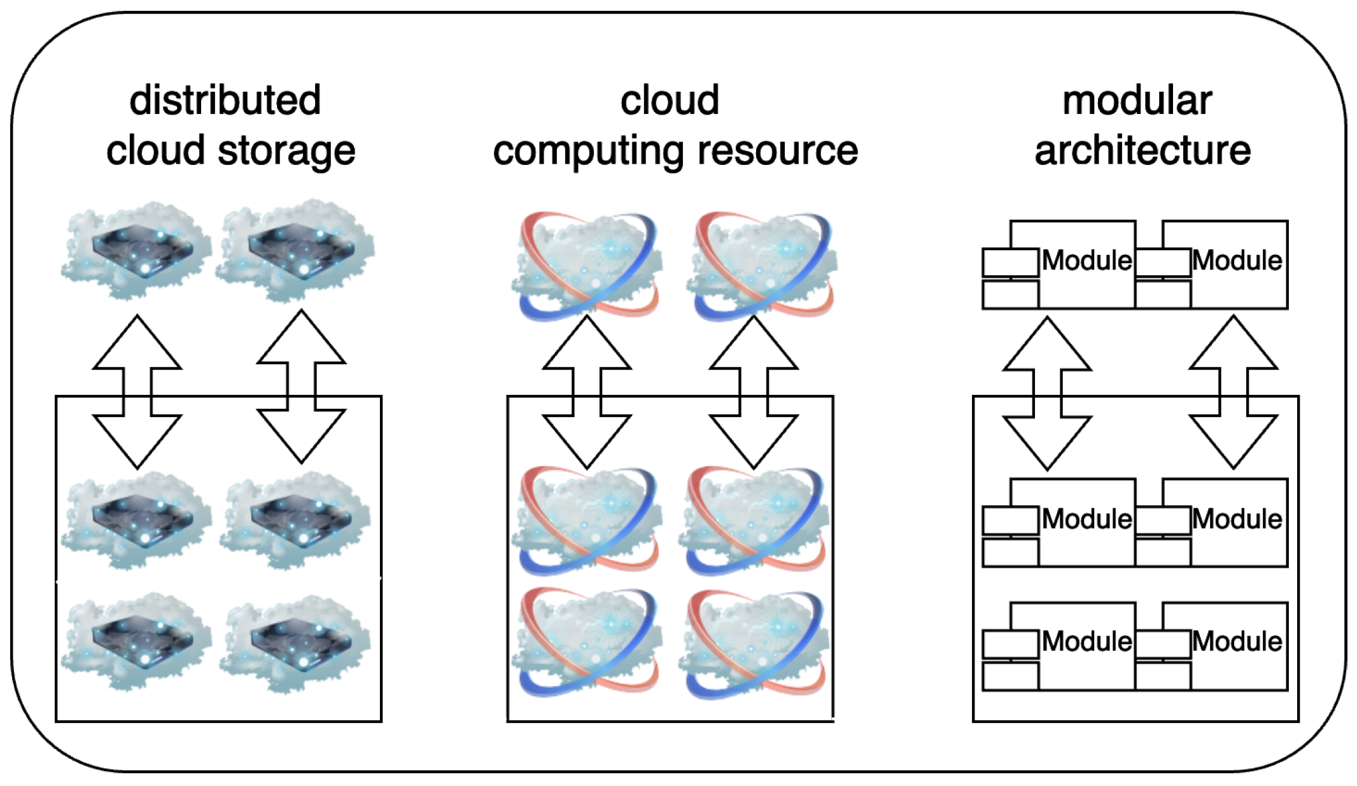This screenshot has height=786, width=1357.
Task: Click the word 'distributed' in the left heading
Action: point(225,101)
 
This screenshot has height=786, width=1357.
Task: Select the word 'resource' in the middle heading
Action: point(778,151)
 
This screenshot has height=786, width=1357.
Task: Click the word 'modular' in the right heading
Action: point(1137,101)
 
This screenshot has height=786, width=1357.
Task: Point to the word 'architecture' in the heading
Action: point(1142,151)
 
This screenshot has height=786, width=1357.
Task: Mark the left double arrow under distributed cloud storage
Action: point(137,392)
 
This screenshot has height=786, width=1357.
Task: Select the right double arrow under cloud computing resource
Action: point(754,392)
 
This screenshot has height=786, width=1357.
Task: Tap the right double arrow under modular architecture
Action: point(1233,392)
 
